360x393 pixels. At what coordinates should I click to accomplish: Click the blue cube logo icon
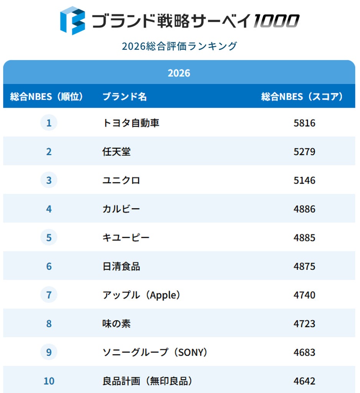[x=73, y=21]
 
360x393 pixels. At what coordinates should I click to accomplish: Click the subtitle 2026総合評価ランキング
[x=180, y=46]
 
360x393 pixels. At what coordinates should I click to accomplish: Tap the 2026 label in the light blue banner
[x=179, y=73]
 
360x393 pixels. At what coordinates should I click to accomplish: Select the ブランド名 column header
[x=125, y=96]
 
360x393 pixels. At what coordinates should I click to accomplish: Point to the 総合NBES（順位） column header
[x=46, y=96]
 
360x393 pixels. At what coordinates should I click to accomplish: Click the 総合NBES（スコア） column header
[x=302, y=96]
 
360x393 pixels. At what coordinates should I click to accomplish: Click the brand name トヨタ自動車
[x=131, y=123]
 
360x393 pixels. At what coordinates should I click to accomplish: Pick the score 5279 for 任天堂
[x=304, y=152]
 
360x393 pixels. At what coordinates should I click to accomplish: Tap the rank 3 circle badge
[x=49, y=180]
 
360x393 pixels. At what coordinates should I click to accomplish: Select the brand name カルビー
[x=121, y=209]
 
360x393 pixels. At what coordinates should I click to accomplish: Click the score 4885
[x=304, y=238]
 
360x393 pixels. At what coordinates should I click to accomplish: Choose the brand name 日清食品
[x=121, y=266]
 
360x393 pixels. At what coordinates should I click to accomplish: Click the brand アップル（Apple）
[x=141, y=295]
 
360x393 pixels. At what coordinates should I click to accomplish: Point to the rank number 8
[x=49, y=324]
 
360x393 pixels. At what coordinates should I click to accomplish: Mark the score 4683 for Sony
[x=304, y=352]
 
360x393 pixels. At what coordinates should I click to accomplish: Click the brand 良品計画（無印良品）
[x=147, y=381]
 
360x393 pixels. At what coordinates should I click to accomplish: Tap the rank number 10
[x=49, y=381]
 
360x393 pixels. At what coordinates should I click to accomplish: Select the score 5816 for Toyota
[x=304, y=123]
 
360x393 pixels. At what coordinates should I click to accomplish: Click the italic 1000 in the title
[x=276, y=21]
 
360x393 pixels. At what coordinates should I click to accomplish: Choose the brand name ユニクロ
[x=121, y=180]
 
